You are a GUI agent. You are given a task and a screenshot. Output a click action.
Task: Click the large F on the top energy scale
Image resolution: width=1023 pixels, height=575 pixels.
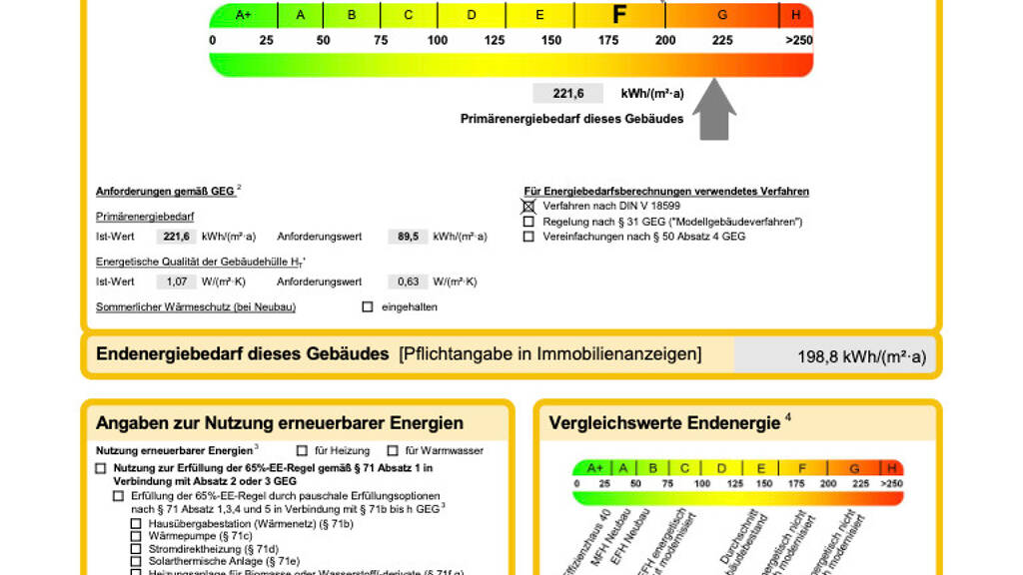(x=619, y=15)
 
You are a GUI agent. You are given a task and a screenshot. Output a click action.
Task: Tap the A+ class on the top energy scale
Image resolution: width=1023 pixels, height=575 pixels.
(x=243, y=15)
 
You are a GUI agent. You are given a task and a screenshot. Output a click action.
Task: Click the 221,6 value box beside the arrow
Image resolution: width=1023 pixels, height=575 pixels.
(x=567, y=94)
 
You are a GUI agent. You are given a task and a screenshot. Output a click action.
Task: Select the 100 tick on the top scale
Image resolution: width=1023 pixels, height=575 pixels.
(x=438, y=41)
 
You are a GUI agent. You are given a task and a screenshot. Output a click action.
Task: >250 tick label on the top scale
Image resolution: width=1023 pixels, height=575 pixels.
(x=798, y=41)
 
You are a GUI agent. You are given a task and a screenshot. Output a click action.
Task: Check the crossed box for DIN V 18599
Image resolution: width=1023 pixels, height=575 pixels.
(x=528, y=206)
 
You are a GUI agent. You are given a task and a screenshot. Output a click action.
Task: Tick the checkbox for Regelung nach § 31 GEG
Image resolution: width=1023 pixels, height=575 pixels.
(x=528, y=222)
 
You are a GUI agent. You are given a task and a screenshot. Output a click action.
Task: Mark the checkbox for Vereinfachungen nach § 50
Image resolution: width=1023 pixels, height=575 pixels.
(x=528, y=237)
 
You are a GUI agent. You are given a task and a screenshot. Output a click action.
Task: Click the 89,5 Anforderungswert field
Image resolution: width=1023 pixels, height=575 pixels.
(x=407, y=237)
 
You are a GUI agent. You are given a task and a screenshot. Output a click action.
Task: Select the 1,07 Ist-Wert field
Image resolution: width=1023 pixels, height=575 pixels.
(x=177, y=282)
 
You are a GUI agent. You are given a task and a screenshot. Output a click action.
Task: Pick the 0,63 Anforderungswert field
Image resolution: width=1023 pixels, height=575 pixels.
(x=407, y=282)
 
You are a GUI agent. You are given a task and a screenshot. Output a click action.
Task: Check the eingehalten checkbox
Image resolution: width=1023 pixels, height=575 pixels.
(x=368, y=306)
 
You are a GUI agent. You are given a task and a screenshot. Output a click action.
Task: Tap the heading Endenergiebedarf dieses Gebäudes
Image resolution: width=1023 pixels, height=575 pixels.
(x=243, y=354)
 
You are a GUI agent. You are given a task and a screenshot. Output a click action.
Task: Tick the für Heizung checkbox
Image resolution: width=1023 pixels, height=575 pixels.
(x=302, y=451)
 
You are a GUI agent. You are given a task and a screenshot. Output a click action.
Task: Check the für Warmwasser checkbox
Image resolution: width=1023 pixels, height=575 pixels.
(x=393, y=451)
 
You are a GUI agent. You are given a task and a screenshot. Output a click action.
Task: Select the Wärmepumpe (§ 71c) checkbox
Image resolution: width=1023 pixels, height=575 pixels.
(x=136, y=536)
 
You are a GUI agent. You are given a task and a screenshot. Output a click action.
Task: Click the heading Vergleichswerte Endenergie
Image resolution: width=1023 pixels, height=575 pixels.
(x=664, y=423)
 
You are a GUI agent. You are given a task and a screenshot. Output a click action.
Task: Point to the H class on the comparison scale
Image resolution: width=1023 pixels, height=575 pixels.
(x=891, y=468)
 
